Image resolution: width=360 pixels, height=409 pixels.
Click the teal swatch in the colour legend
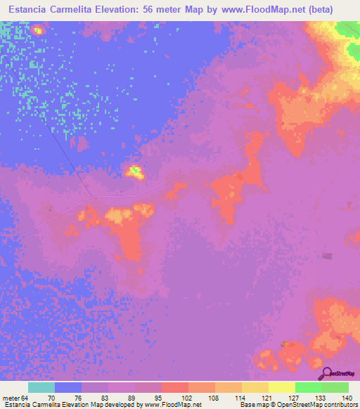pos(41,387)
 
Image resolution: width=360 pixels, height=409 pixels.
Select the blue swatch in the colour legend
pos(68,387)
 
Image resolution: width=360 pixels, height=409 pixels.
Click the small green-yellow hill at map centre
pos(133,170)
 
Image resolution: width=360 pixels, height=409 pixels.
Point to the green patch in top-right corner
pos(347,30)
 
